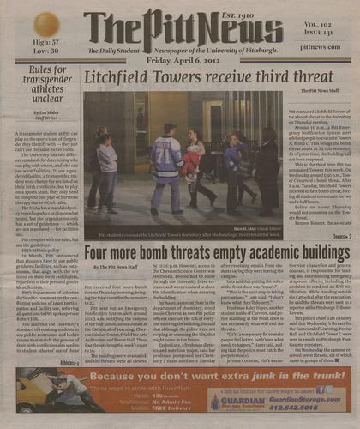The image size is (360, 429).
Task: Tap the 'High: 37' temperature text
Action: click(45, 41)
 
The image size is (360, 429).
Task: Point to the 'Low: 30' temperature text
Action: click(45, 51)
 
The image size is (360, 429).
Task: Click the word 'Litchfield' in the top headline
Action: click(127, 80)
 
